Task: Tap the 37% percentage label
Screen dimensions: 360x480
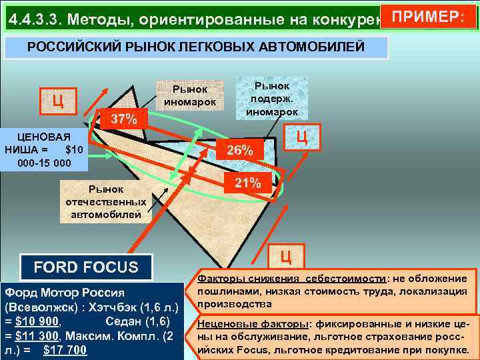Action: (124, 120)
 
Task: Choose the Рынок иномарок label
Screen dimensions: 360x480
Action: (190, 95)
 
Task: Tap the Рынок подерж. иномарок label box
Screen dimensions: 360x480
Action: (272, 99)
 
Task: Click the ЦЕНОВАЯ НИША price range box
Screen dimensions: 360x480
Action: (44, 151)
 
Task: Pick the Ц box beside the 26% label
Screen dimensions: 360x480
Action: (301, 138)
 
